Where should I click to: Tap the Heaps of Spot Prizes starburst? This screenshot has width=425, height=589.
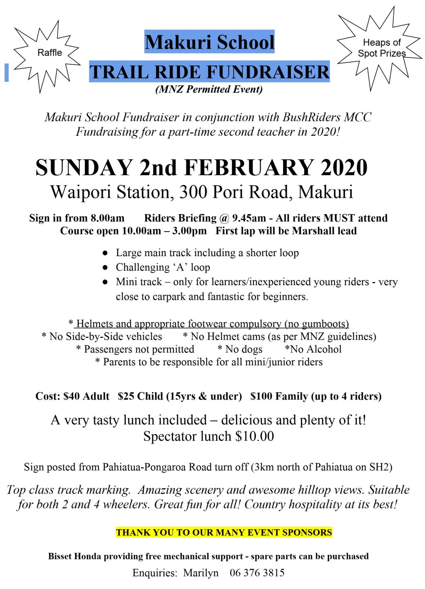point(381,49)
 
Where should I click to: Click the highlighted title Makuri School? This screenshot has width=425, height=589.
point(210,42)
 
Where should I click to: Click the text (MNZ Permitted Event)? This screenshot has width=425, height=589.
point(209,89)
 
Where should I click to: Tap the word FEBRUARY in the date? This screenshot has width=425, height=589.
point(248,168)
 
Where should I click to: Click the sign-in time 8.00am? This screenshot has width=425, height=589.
point(107,218)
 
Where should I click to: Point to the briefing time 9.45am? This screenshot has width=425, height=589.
point(249,218)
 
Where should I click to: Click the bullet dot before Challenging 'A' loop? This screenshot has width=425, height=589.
point(105,268)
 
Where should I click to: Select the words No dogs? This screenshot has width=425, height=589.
point(240,349)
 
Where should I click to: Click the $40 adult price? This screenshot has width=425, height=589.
point(72,396)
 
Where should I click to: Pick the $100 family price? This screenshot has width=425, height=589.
point(261,396)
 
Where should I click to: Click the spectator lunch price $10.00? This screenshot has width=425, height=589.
point(254,437)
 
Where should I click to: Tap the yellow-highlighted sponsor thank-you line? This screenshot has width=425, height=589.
point(224,533)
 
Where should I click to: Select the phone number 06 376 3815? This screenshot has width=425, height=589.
point(257,573)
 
